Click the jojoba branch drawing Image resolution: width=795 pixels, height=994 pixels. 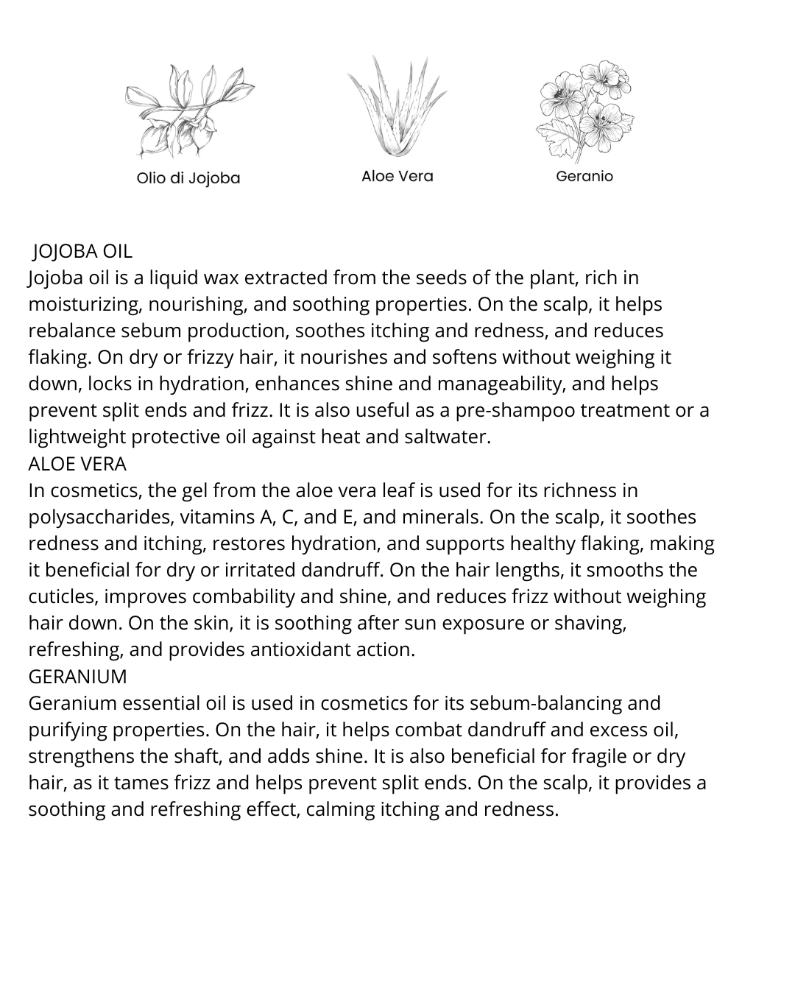tap(188, 110)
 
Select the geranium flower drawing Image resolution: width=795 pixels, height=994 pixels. tap(584, 110)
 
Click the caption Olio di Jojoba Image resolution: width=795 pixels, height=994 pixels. tap(188, 178)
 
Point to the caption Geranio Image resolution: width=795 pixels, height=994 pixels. tap(584, 176)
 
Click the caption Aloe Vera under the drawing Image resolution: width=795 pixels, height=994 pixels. tap(397, 176)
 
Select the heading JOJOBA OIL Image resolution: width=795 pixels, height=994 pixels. tap(82, 251)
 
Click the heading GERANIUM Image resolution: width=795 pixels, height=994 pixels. tap(77, 676)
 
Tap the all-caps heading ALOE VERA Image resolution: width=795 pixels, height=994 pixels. tap(77, 464)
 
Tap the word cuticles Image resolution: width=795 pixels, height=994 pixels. tap(63, 596)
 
